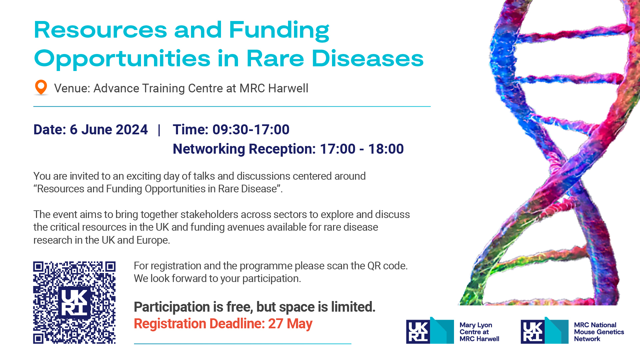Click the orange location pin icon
click(41, 87)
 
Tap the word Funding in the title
click(279, 31)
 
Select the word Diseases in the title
click(368, 59)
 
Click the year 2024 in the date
click(132, 129)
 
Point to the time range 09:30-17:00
click(251, 129)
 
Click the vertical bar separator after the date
click(159, 130)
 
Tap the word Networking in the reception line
click(209, 149)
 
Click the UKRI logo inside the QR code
click(75, 302)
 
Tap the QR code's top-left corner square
click(38, 266)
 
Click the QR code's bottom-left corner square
click(38, 339)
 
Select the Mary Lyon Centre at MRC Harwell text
click(479, 332)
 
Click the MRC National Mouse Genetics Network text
click(599, 332)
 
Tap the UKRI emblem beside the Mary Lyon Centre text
click(430, 330)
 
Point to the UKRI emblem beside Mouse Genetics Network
click(545, 330)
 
